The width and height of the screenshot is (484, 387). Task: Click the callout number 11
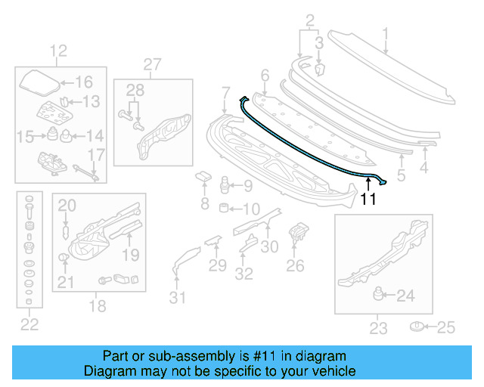point(368,200)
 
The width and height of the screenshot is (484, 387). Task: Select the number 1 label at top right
point(385,33)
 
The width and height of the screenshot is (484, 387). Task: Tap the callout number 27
point(153,64)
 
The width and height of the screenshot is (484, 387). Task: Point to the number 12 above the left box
point(58,51)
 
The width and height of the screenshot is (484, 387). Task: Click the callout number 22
point(29,325)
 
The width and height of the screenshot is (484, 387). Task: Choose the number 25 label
point(448,327)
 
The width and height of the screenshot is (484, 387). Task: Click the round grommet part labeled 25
point(417,327)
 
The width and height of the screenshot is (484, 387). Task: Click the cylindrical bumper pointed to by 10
point(224,208)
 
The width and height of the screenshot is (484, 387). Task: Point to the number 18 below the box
point(98,306)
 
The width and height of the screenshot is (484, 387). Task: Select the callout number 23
point(378,328)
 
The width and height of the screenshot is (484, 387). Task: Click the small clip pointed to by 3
point(319,70)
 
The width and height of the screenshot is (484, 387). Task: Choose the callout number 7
point(225,93)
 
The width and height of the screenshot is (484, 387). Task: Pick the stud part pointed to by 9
point(224,184)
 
